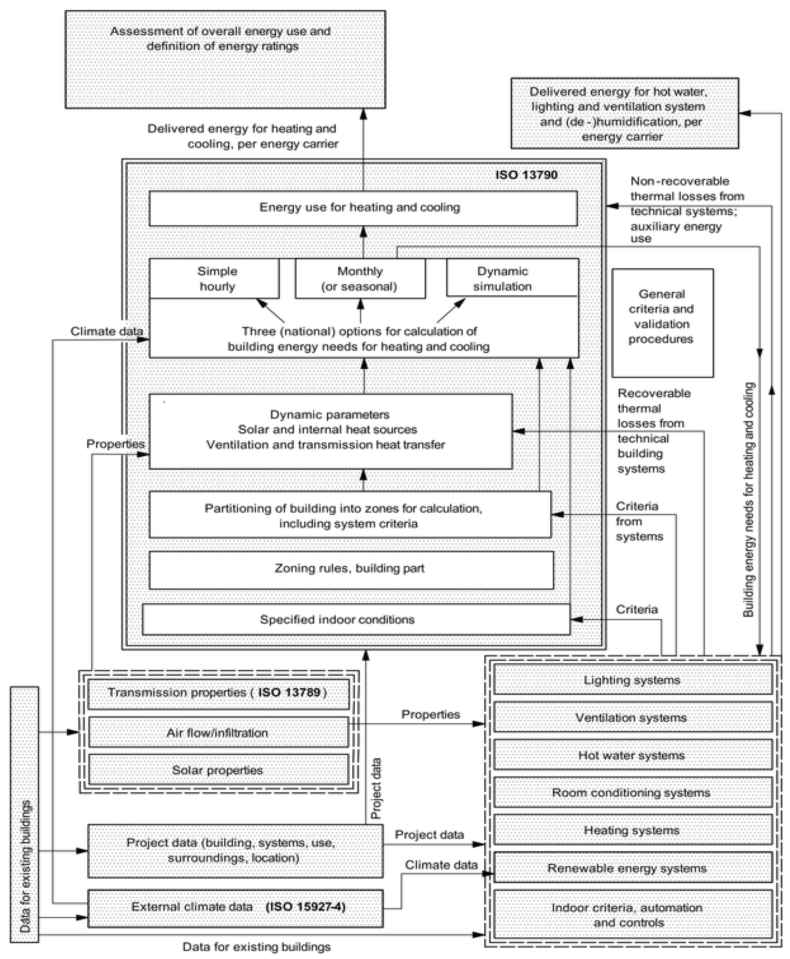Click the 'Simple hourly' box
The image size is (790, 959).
214,278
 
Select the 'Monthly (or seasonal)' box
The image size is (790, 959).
360,278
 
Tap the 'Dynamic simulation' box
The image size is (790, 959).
512,278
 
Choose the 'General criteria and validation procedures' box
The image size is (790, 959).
662,323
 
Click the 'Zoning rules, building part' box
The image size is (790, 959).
351,570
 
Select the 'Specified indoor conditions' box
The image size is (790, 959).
356,619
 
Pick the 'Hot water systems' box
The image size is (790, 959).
633,755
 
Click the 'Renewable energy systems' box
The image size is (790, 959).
633,868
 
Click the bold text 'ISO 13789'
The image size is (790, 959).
289,693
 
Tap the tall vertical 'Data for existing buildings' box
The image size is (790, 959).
25,814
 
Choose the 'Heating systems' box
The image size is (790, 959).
633,830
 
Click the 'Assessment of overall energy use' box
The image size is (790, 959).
225,59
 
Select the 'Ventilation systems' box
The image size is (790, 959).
633,717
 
